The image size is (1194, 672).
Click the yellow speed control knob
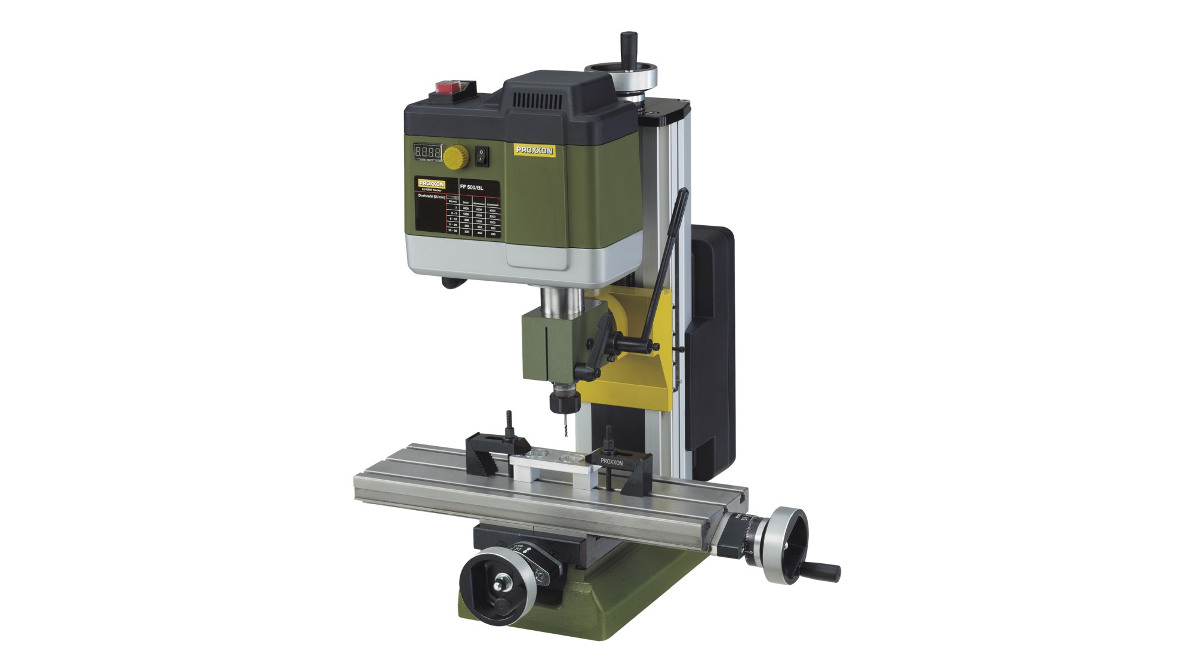click(x=455, y=157)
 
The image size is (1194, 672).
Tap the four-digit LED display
click(x=427, y=152)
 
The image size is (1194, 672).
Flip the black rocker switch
click(x=482, y=157)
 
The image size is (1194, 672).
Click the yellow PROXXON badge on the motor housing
click(x=535, y=151)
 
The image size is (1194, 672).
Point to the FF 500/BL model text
click(x=472, y=187)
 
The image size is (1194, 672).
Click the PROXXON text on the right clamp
click(x=611, y=462)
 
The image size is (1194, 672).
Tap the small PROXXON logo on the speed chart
click(x=431, y=183)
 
